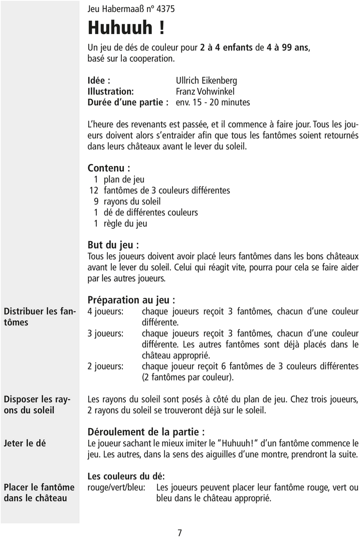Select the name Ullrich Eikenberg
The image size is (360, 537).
coord(206,80)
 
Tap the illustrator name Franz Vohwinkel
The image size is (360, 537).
coord(205,91)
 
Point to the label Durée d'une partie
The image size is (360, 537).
coord(128,102)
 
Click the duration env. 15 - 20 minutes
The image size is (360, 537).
coord(213,102)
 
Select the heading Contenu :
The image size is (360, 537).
coord(109,168)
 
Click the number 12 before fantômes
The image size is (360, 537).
coord(93,191)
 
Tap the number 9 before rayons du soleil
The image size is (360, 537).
coord(95,202)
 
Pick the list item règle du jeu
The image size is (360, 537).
coord(125,224)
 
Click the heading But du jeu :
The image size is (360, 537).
coord(113,245)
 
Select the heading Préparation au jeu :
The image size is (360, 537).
coord(131,300)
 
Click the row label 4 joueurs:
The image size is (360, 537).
coord(105,311)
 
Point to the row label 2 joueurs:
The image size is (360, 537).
coord(105,366)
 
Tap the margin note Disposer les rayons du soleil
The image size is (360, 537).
coord(36,405)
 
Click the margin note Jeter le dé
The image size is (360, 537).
coord(25,443)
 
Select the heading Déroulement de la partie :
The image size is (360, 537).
coord(146,432)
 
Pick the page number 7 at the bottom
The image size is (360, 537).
coord(179,532)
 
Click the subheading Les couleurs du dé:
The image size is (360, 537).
coord(126,476)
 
